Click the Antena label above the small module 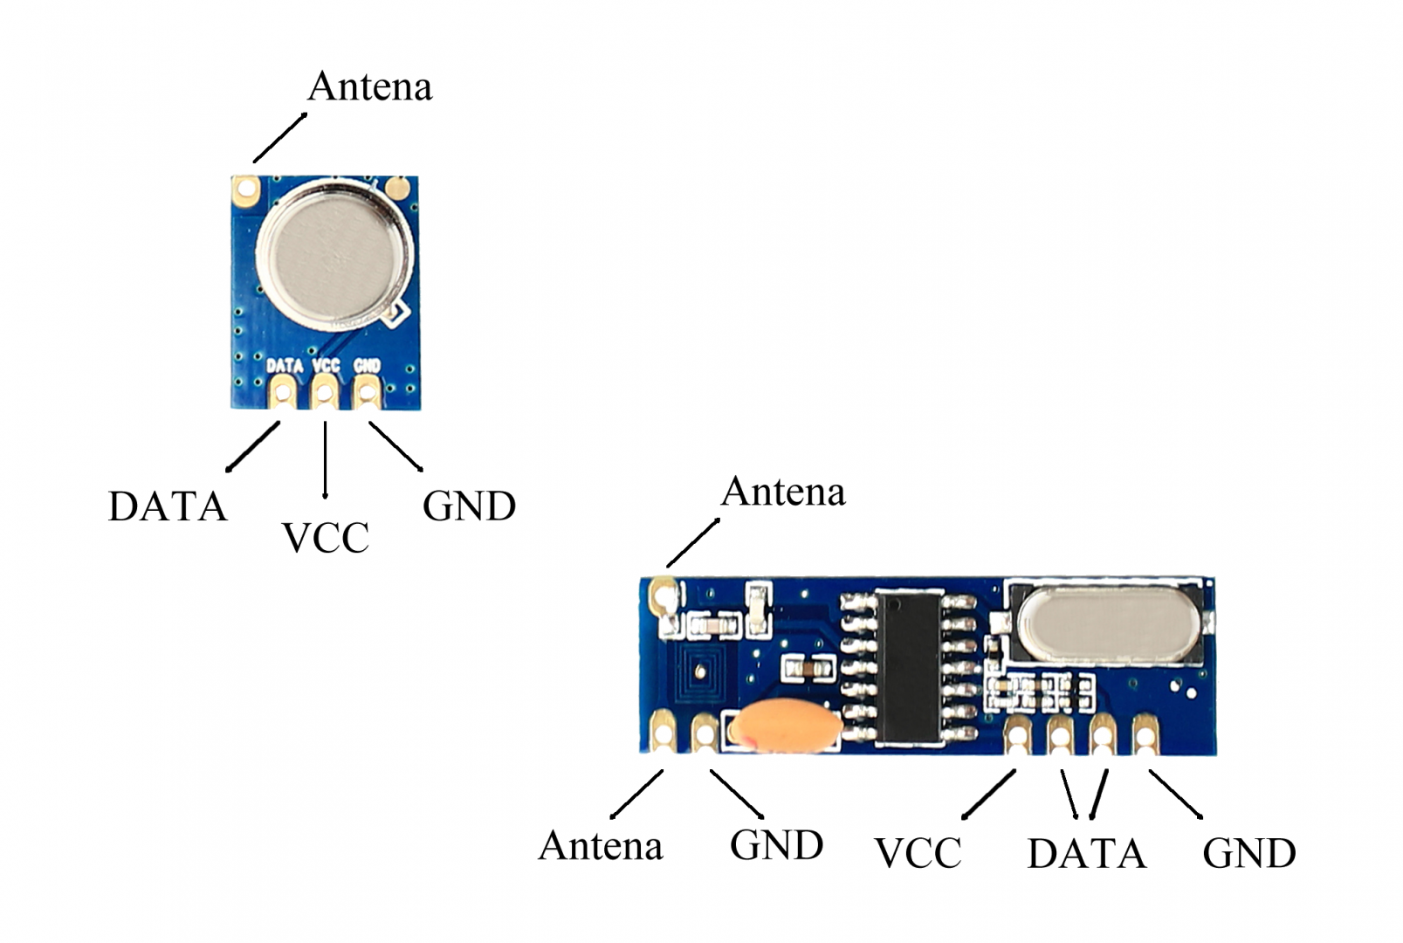[x=370, y=86]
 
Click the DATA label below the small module [x=167, y=506]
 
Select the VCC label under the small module [x=326, y=538]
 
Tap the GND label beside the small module [x=469, y=506]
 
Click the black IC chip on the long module [x=908, y=667]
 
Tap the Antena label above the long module [x=783, y=492]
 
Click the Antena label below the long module [x=601, y=845]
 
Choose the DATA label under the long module [x=1086, y=854]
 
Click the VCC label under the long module [x=918, y=854]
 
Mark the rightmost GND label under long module [x=1248, y=854]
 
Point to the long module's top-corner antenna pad [x=664, y=597]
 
